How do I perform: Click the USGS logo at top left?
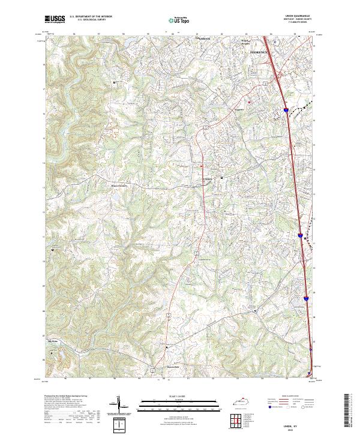pos(55,20)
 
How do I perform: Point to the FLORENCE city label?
pos(259,53)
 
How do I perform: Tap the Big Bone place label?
pos(53,343)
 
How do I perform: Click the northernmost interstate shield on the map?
pos(287,110)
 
